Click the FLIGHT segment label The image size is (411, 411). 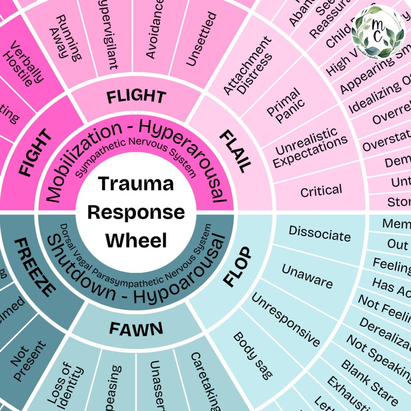136,96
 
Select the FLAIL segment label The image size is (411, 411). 234,151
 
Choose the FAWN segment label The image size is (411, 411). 136,328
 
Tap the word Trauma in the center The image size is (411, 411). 136,184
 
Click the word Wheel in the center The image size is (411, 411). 136,240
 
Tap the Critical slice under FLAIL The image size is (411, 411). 321,190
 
